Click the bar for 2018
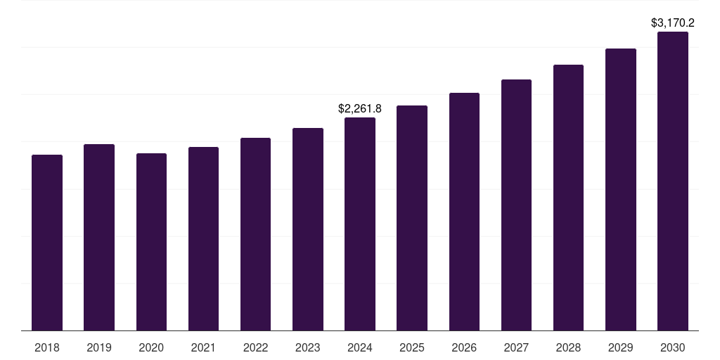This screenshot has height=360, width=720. [47, 243]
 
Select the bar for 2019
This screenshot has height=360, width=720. [99, 237]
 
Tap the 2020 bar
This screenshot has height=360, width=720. [151, 242]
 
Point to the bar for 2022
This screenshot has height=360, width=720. [255, 234]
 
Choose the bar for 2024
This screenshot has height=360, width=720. [360, 224]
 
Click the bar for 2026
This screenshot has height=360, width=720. [464, 212]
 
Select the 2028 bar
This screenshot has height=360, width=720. [568, 198]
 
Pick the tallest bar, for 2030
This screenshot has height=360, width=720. [673, 181]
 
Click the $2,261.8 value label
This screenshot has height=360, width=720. [360, 108]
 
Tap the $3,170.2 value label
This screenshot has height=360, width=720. [673, 22]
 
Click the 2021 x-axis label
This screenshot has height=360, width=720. [203, 347]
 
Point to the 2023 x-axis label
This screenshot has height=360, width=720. [308, 347]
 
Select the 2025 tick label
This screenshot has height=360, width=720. [412, 347]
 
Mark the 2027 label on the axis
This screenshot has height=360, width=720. [516, 347]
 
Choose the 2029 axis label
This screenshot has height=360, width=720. [620, 347]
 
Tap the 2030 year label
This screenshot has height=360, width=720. [673, 347]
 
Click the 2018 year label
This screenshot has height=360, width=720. [47, 347]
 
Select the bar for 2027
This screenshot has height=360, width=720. [516, 205]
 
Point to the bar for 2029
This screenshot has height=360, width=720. [620, 189]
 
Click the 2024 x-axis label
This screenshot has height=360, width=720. [360, 347]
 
